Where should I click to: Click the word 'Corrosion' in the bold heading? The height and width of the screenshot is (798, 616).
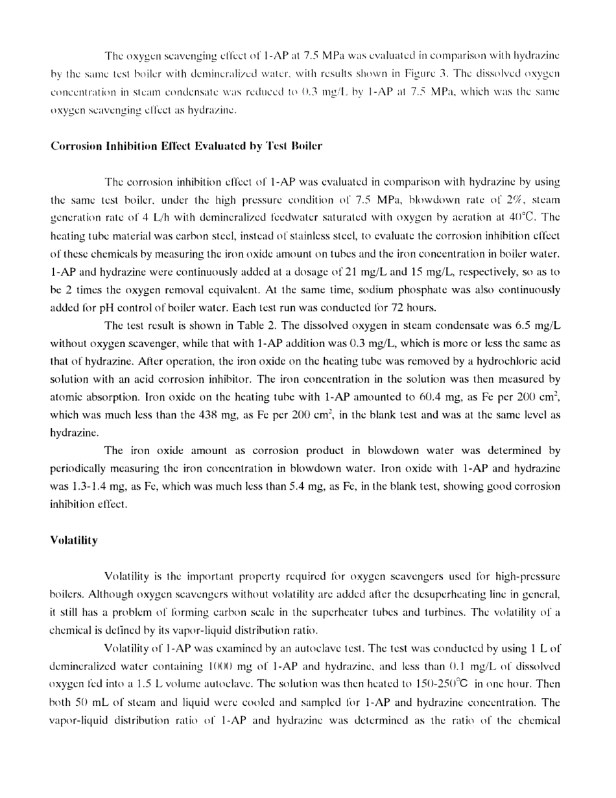tap(73, 146)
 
